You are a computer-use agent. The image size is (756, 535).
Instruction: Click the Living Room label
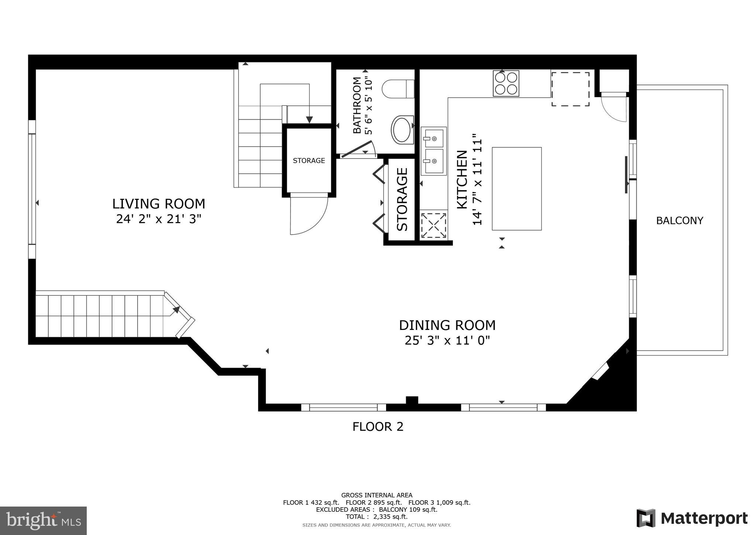click(x=158, y=204)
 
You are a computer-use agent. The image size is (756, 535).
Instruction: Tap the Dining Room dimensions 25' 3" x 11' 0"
click(x=447, y=340)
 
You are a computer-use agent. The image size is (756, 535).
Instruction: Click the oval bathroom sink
click(x=402, y=130)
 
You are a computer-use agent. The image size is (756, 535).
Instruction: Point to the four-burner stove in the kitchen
click(x=506, y=84)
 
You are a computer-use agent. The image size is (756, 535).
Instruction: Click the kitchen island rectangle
click(x=516, y=188)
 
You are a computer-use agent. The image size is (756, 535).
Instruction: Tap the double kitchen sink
click(x=434, y=151)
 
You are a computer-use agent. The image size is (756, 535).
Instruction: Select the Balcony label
click(x=679, y=221)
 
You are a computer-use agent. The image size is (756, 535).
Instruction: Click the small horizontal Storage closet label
click(x=309, y=161)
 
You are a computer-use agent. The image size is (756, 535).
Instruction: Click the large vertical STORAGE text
click(x=402, y=200)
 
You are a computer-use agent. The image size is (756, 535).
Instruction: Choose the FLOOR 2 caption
click(x=378, y=427)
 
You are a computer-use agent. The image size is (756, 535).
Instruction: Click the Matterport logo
click(x=692, y=518)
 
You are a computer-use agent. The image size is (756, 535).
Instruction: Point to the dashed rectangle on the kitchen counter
click(x=570, y=89)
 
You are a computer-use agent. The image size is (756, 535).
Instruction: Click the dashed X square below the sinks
click(x=433, y=225)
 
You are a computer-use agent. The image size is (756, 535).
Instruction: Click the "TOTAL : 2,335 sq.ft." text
click(x=377, y=517)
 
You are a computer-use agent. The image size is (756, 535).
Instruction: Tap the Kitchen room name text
click(x=462, y=180)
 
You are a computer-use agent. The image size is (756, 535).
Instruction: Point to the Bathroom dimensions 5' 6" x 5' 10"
click(x=369, y=105)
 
